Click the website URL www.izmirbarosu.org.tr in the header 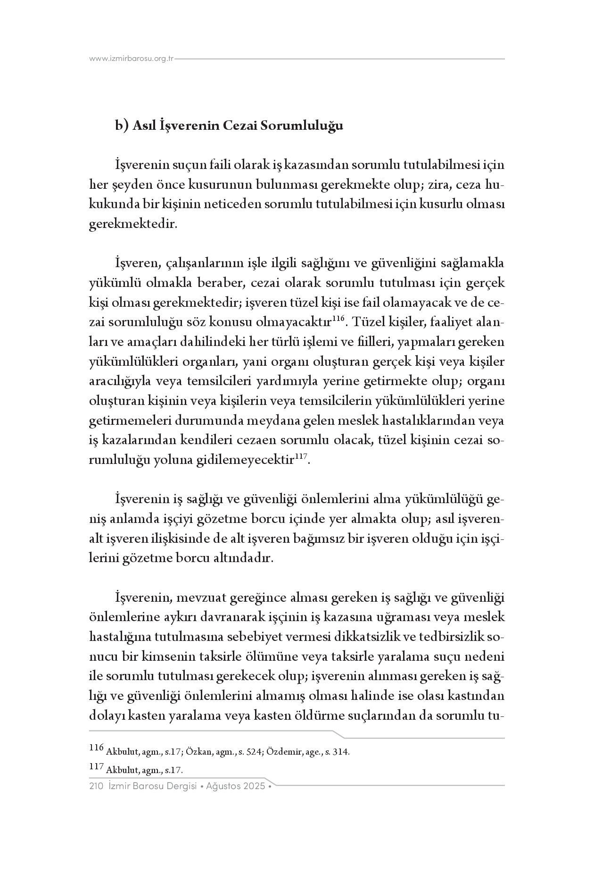(x=132, y=59)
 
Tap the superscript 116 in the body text (x=339, y=320)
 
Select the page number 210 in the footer (x=96, y=786)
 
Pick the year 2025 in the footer (x=255, y=786)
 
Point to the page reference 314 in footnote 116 (x=341, y=752)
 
